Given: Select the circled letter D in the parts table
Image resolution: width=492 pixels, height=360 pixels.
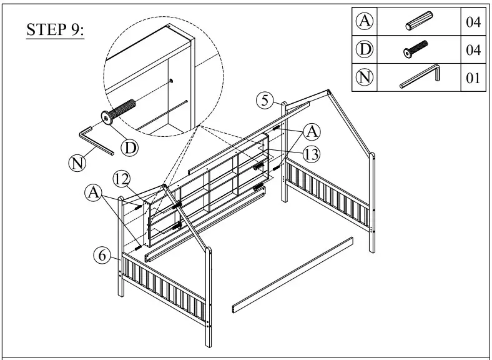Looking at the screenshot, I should (x=365, y=50).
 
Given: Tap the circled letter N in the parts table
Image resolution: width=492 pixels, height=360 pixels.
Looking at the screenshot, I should (x=365, y=78).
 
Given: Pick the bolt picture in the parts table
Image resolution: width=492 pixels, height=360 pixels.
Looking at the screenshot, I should (x=416, y=50).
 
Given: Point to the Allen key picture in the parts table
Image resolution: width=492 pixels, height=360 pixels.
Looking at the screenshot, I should (x=420, y=77).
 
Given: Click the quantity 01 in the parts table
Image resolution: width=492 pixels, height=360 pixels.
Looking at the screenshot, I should (x=472, y=79).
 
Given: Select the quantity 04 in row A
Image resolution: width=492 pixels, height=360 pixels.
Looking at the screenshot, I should (x=472, y=22).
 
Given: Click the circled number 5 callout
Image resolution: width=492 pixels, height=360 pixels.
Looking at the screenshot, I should (x=265, y=100).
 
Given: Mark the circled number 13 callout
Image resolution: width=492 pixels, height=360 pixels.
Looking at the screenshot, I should (x=312, y=152).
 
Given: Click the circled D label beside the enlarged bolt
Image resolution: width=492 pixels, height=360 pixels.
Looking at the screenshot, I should (x=129, y=147).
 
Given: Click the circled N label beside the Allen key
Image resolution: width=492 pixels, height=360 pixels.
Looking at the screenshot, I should (x=76, y=164).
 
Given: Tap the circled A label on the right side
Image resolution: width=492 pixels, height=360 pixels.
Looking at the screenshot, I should (x=313, y=131).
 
